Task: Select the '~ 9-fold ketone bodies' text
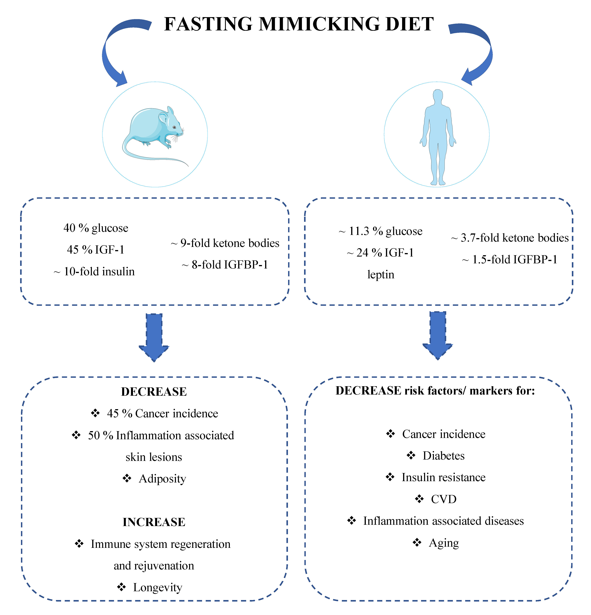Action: coord(225,243)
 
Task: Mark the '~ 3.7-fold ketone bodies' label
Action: coord(510,238)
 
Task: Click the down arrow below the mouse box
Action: coord(154,337)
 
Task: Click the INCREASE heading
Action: coord(154,522)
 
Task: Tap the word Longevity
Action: coord(158,587)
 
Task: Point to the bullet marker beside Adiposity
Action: coord(127,478)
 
